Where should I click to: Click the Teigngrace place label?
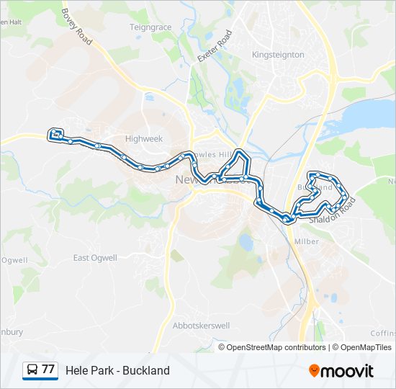(x=150, y=27)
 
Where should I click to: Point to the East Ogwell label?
(x=95, y=258)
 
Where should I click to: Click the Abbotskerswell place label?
(x=201, y=326)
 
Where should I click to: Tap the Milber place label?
(x=307, y=241)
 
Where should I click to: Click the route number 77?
(x=48, y=370)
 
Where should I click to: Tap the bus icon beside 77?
(x=32, y=370)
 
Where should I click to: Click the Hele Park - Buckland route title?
(x=117, y=370)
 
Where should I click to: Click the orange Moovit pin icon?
(x=314, y=371)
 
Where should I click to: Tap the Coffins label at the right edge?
(x=383, y=333)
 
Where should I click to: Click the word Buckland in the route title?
(x=146, y=370)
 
